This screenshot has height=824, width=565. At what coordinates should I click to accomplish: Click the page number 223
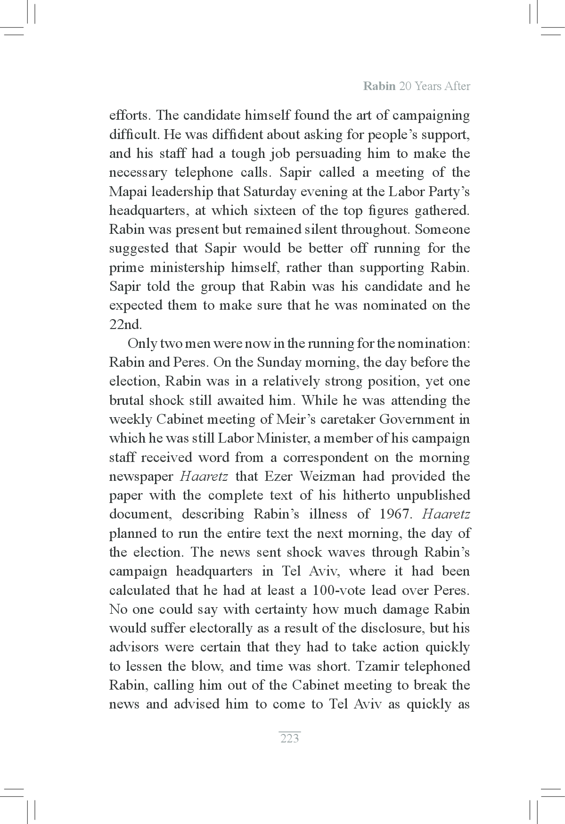click(289, 738)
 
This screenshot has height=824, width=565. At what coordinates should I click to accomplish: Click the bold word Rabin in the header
click(379, 86)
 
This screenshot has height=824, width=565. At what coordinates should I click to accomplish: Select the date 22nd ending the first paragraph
click(125, 325)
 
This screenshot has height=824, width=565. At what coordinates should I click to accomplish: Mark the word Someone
click(442, 229)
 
